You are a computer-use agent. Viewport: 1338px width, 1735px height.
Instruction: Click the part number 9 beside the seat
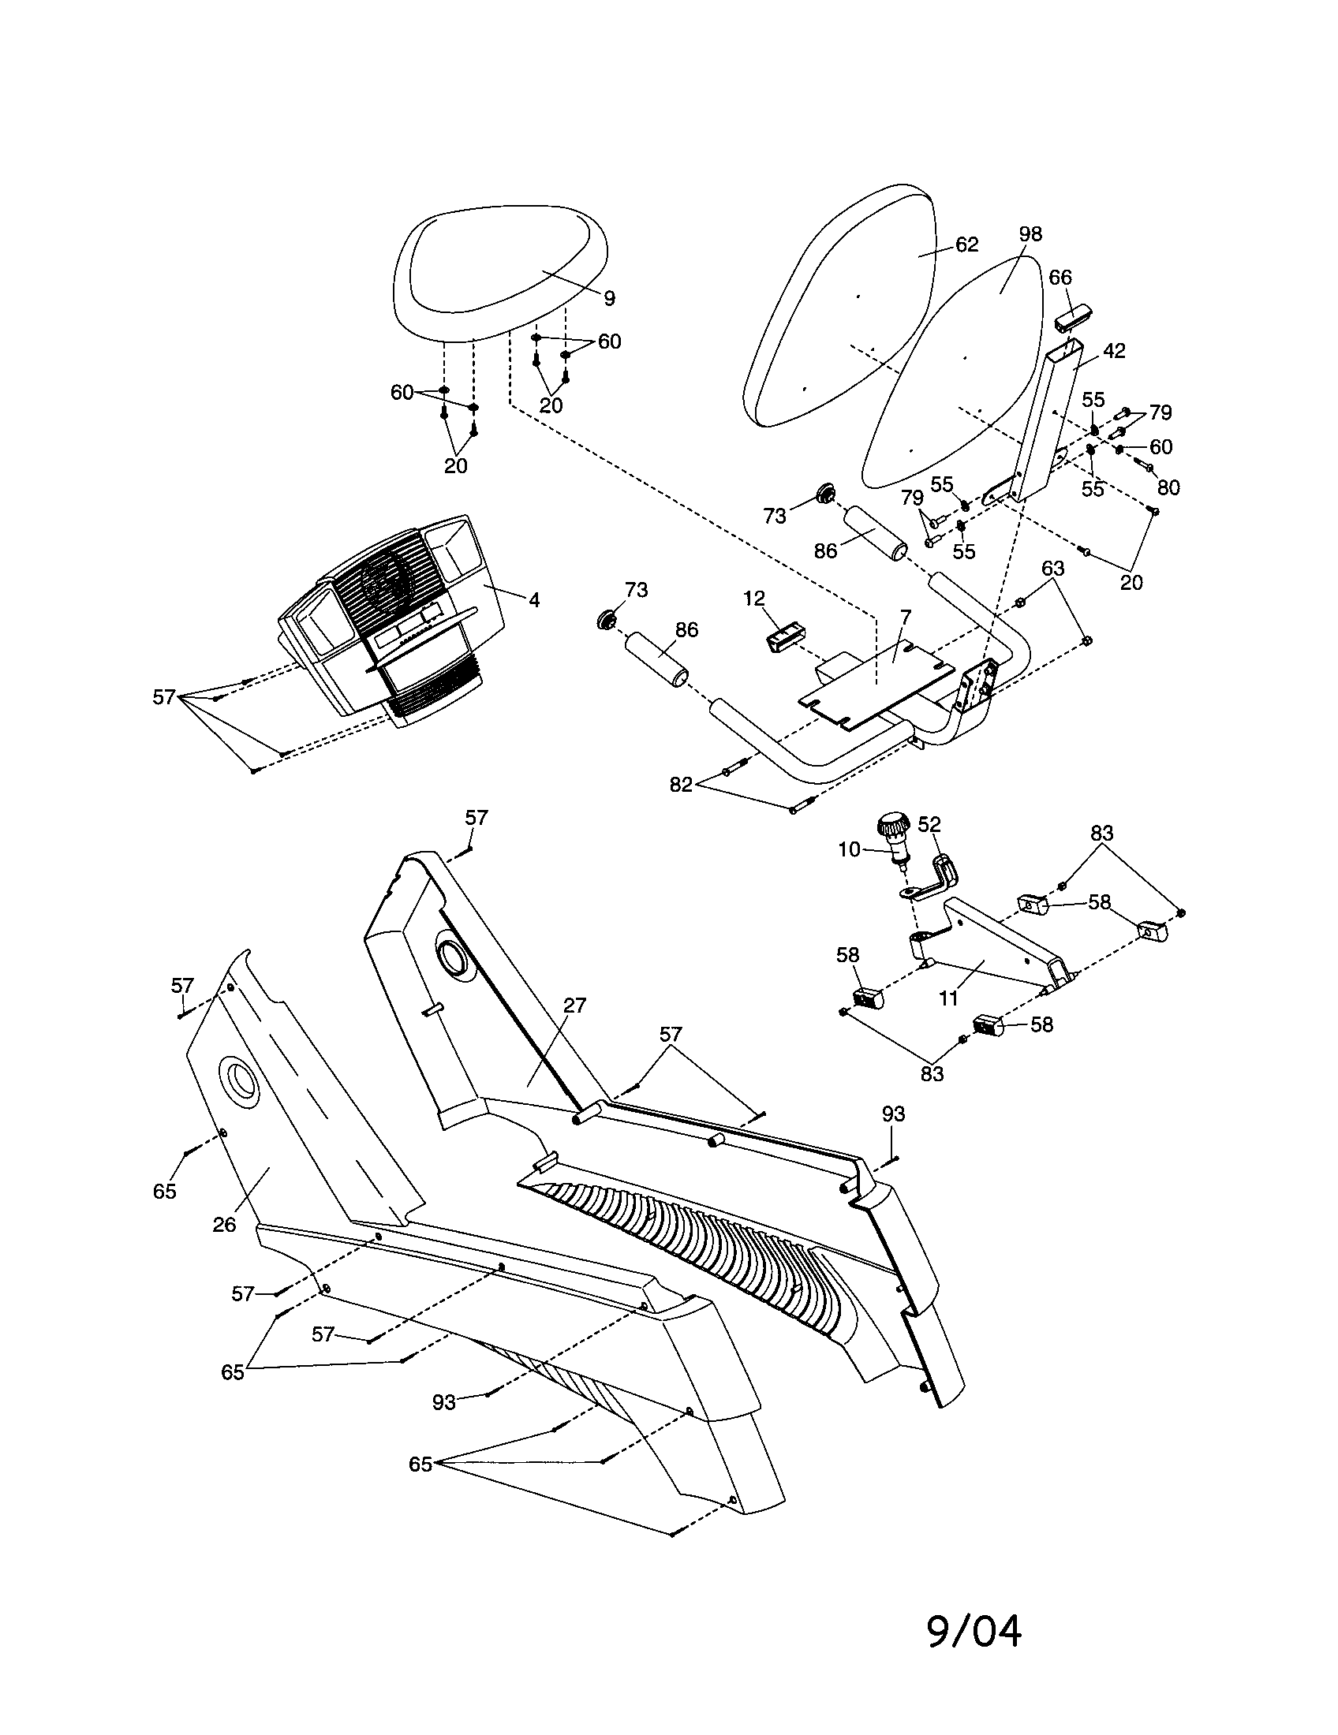[608, 299]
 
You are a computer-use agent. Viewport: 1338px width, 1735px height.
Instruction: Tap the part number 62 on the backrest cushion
[966, 244]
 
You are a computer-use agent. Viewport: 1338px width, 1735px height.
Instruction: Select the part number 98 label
[1030, 234]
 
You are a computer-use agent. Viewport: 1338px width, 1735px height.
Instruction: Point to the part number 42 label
[1115, 351]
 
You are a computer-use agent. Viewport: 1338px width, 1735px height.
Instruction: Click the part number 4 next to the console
[534, 601]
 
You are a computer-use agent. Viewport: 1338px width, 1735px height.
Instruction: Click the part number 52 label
[929, 824]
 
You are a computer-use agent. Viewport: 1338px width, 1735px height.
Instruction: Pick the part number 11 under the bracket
[949, 998]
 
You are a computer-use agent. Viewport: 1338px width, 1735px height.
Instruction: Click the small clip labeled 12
[784, 637]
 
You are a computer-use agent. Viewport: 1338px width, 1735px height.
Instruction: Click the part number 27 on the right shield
[574, 1006]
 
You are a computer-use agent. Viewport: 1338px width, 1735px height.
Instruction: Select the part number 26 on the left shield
[224, 1224]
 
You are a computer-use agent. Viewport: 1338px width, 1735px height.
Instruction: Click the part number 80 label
[1168, 487]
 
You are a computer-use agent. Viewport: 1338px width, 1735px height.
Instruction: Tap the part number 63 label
[1052, 569]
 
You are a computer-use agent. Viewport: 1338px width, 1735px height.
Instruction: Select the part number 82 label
[681, 785]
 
